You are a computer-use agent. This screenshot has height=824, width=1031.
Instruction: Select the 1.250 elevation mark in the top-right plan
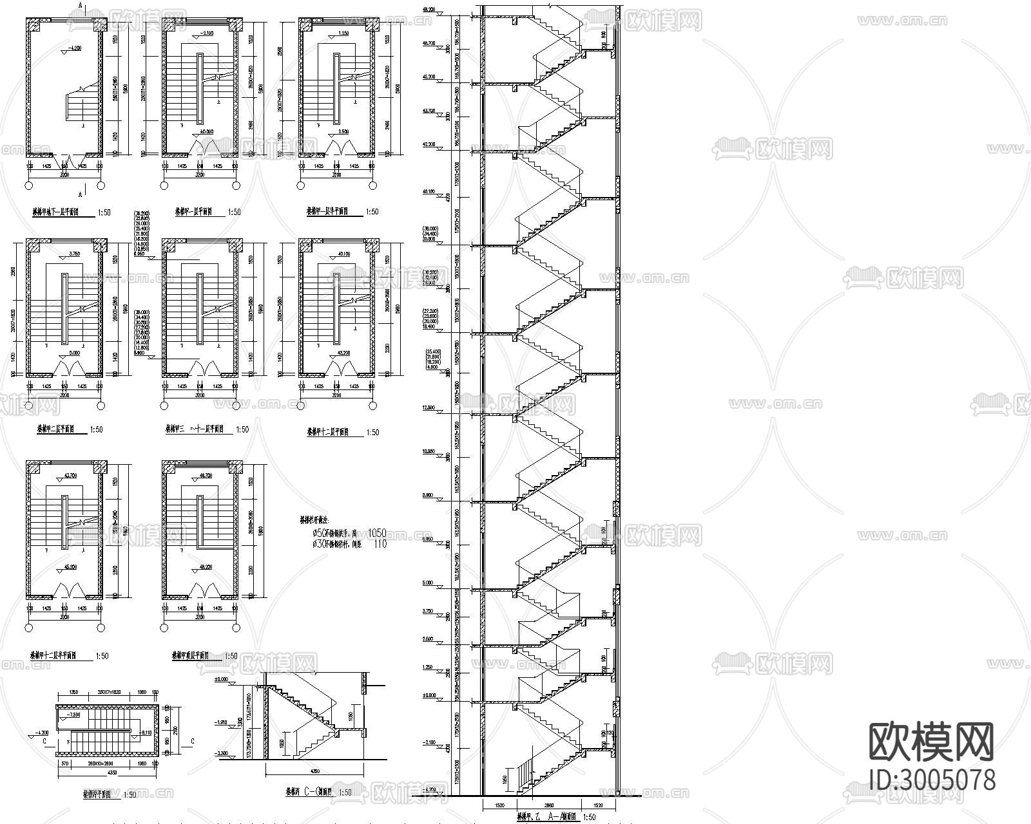coord(343,32)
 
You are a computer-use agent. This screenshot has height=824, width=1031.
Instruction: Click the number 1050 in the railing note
coord(377,532)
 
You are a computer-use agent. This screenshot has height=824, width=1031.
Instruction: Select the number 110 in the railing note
coord(380,544)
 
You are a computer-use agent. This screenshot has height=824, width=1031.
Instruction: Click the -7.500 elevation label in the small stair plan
coord(73,715)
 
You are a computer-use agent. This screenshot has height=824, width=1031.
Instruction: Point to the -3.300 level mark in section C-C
coord(223,753)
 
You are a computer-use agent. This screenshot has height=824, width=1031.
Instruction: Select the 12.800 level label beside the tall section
coord(428,407)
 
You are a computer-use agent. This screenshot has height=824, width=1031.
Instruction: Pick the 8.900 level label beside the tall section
coord(428,496)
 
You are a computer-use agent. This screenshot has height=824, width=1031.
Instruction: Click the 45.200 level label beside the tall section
coord(428,77)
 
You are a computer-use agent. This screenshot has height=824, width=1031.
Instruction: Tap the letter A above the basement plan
coord(79,5)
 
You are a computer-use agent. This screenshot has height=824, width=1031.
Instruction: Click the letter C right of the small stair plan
coord(192,741)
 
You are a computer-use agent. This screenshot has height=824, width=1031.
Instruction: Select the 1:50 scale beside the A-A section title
coord(588,817)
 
